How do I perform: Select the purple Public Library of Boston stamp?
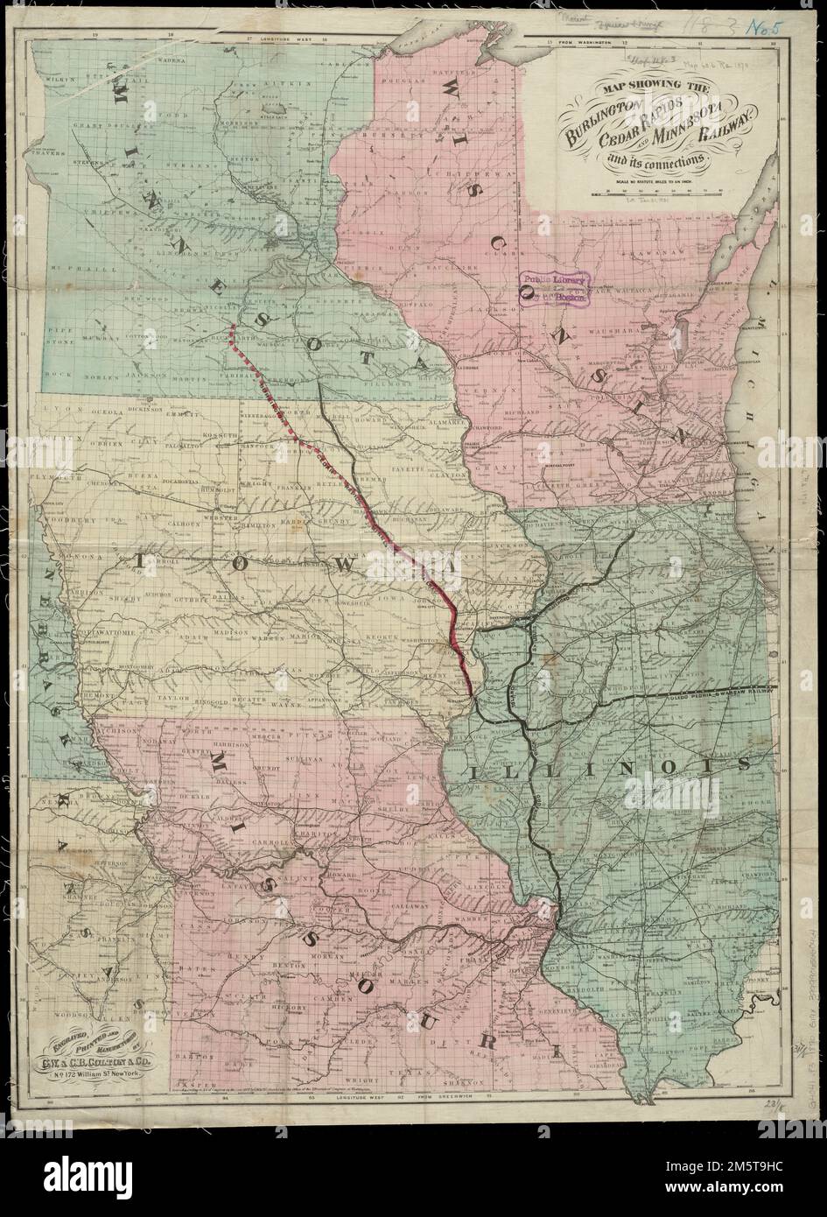coord(553,285)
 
